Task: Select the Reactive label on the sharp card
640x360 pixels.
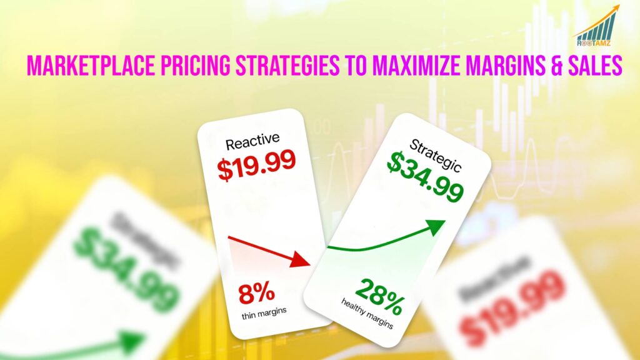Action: tap(252, 143)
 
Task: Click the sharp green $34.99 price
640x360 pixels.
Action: tap(425, 178)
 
